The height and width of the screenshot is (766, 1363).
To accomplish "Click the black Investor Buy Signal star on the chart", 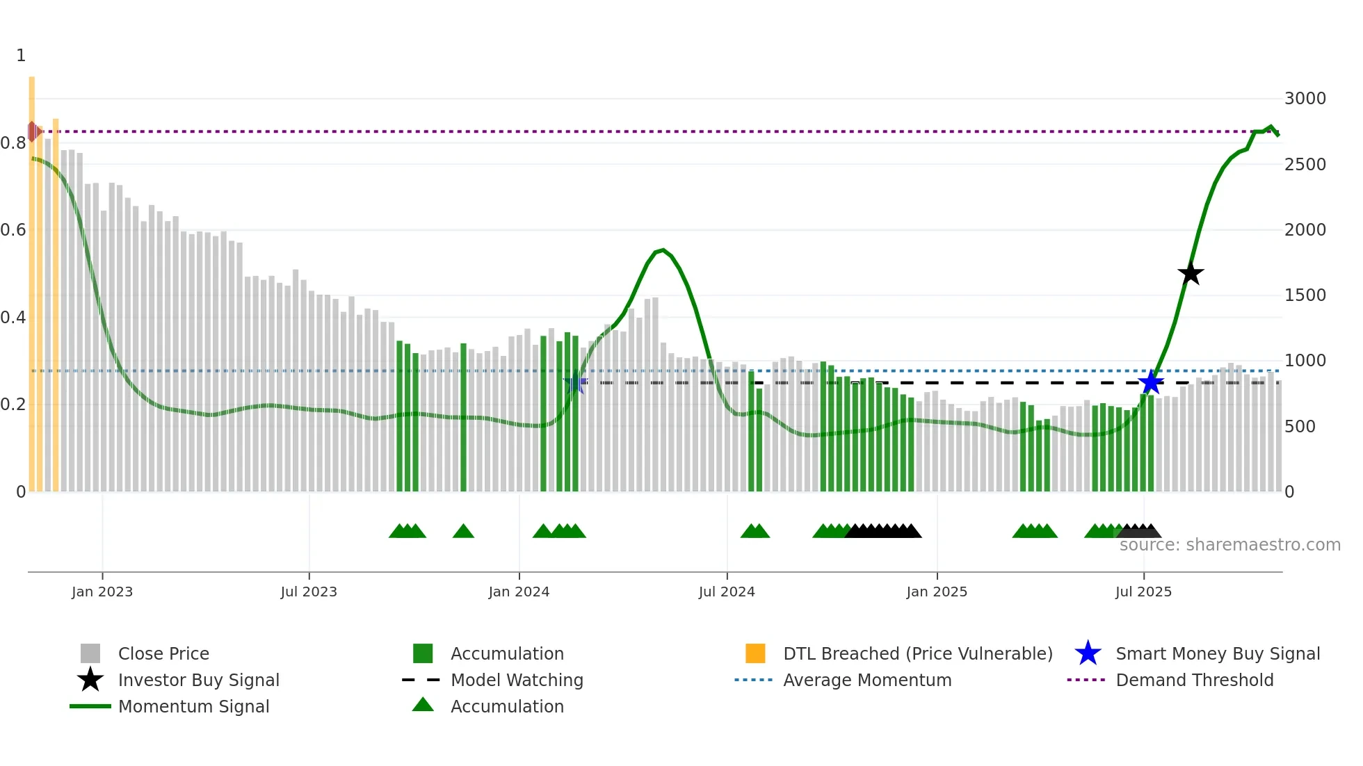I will click(x=1191, y=273).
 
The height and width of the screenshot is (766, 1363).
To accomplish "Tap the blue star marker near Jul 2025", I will click(x=1151, y=382).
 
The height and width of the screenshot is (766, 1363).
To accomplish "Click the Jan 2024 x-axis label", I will click(x=519, y=592).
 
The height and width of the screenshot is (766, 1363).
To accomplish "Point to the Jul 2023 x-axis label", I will click(x=309, y=592).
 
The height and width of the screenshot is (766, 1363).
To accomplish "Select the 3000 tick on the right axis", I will click(x=1305, y=99).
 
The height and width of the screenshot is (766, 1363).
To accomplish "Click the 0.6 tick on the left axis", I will click(x=13, y=230).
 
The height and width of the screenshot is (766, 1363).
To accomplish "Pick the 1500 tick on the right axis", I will click(x=1305, y=295).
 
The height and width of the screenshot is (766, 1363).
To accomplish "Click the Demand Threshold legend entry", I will click(x=1194, y=680).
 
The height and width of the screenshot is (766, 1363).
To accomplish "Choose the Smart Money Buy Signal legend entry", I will click(x=1217, y=653).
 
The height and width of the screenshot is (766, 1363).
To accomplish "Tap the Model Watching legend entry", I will click(x=516, y=680).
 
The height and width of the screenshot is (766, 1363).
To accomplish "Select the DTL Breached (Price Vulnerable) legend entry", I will click(x=917, y=653).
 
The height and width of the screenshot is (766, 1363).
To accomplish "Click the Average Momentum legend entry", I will click(x=866, y=680).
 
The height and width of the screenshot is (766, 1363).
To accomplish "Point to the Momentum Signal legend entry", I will click(x=193, y=706).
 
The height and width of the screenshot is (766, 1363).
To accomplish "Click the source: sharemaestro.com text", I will click(x=1229, y=545).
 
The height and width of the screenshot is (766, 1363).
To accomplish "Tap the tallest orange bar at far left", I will click(x=32, y=278).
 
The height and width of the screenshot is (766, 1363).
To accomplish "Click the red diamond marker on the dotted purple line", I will click(x=32, y=131).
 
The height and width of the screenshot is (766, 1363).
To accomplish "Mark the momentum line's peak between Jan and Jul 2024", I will click(x=663, y=250).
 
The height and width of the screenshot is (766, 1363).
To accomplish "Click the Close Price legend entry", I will click(x=163, y=653).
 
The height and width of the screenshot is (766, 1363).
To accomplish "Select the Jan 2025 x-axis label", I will click(x=937, y=592).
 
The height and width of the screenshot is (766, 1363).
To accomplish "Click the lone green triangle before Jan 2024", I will click(x=463, y=532).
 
